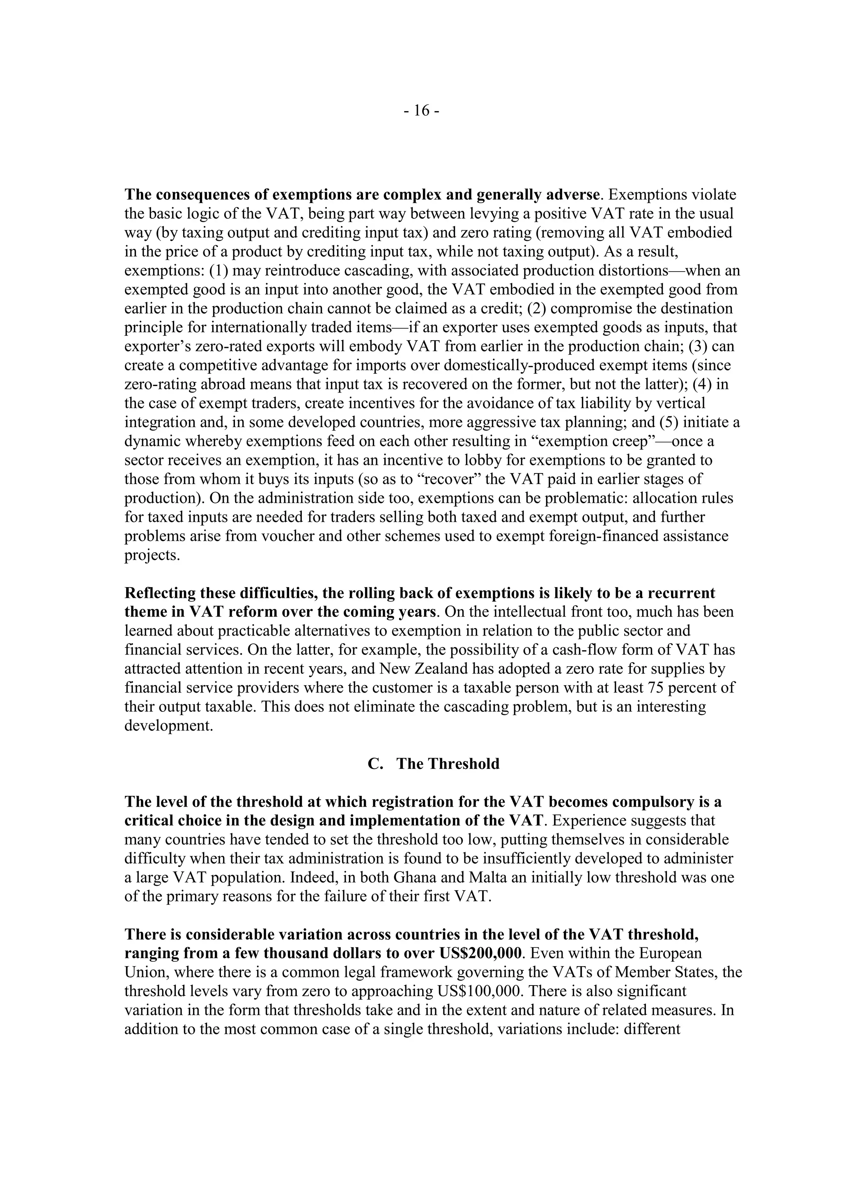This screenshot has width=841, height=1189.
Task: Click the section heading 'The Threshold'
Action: tap(448, 764)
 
